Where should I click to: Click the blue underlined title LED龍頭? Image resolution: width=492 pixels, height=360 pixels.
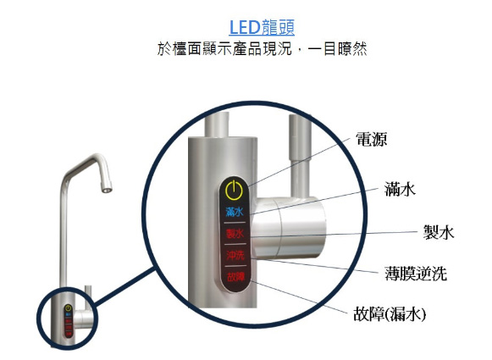tap(262, 28)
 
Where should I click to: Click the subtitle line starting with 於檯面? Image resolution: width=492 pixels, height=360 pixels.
tap(262, 49)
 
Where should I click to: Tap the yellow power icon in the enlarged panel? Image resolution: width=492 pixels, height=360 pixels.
tap(234, 190)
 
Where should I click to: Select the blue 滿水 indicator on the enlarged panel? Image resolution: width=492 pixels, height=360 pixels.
tap(235, 212)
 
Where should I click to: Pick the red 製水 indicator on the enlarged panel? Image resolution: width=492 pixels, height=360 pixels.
tap(235, 234)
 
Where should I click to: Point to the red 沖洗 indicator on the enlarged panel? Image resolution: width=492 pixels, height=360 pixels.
tap(235, 255)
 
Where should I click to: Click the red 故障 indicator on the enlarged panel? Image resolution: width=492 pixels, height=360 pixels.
tap(235, 276)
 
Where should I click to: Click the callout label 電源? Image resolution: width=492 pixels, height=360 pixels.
tap(371, 139)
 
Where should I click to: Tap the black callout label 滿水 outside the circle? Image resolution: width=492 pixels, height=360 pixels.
tap(400, 189)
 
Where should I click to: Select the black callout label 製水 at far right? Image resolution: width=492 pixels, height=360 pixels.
tap(439, 233)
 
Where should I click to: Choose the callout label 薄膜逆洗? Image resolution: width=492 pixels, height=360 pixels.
tap(416, 274)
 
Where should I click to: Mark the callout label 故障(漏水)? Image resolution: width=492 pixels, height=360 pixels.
tap(390, 314)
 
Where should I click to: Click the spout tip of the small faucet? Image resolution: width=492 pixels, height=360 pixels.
tap(107, 190)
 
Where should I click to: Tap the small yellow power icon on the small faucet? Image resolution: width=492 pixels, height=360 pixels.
tap(68, 308)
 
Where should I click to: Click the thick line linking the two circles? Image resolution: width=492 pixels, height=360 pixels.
tap(124, 286)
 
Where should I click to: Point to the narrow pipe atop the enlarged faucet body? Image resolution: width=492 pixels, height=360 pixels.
tap(217, 124)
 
